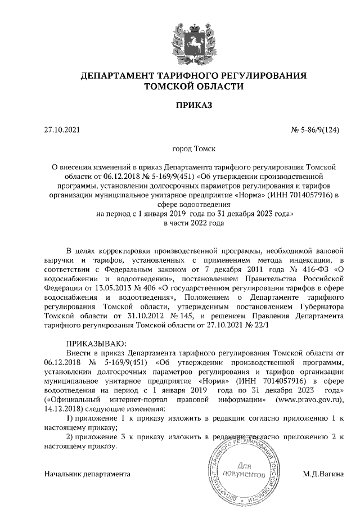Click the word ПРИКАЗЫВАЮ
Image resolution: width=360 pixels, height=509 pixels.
pyautogui.click(x=97, y=343)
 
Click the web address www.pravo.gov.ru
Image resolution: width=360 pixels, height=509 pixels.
pyautogui.click(x=307, y=399)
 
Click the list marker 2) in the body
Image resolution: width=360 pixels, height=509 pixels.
pyautogui.click(x=70, y=437)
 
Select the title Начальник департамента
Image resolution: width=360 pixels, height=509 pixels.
pyautogui.click(x=87, y=474)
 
